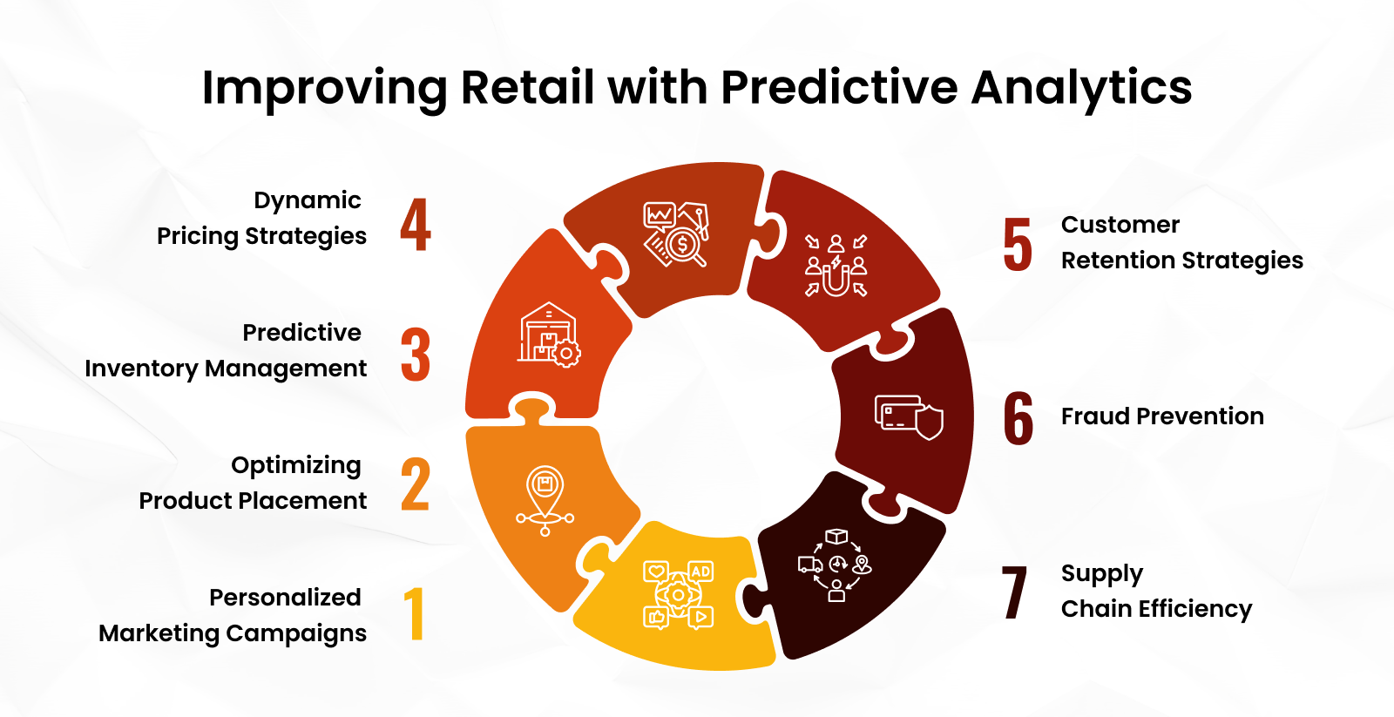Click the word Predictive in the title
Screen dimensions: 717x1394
(839, 88)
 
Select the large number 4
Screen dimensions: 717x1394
(416, 225)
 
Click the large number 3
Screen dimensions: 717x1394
(416, 355)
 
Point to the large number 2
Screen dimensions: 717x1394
(416, 484)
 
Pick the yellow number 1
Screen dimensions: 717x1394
(415, 613)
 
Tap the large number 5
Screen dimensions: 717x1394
(1018, 245)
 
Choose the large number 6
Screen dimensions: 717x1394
(1018, 418)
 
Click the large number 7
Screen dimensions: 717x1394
(1015, 592)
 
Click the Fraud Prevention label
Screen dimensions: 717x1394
(1162, 416)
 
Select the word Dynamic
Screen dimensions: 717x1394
(308, 200)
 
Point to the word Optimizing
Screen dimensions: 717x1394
(296, 465)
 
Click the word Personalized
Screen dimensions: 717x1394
(285, 598)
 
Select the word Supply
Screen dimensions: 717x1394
(1101, 574)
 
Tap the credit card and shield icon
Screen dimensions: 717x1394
(909, 416)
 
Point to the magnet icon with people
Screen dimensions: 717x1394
(836, 266)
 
